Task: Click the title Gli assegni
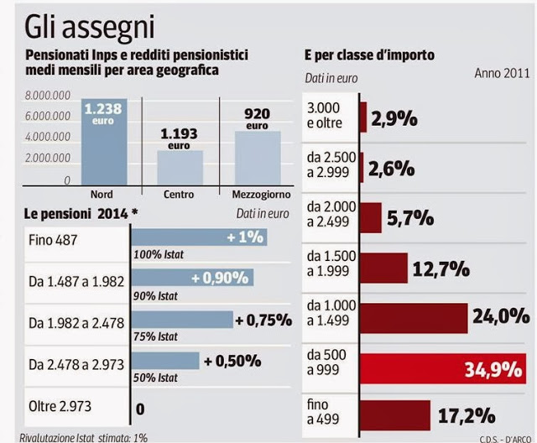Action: point(90,27)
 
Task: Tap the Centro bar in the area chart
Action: point(180,167)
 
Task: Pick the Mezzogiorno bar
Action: point(257,157)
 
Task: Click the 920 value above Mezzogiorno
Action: point(257,113)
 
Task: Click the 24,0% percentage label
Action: point(499,316)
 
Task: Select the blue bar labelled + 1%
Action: point(200,237)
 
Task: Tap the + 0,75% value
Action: point(263,319)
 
